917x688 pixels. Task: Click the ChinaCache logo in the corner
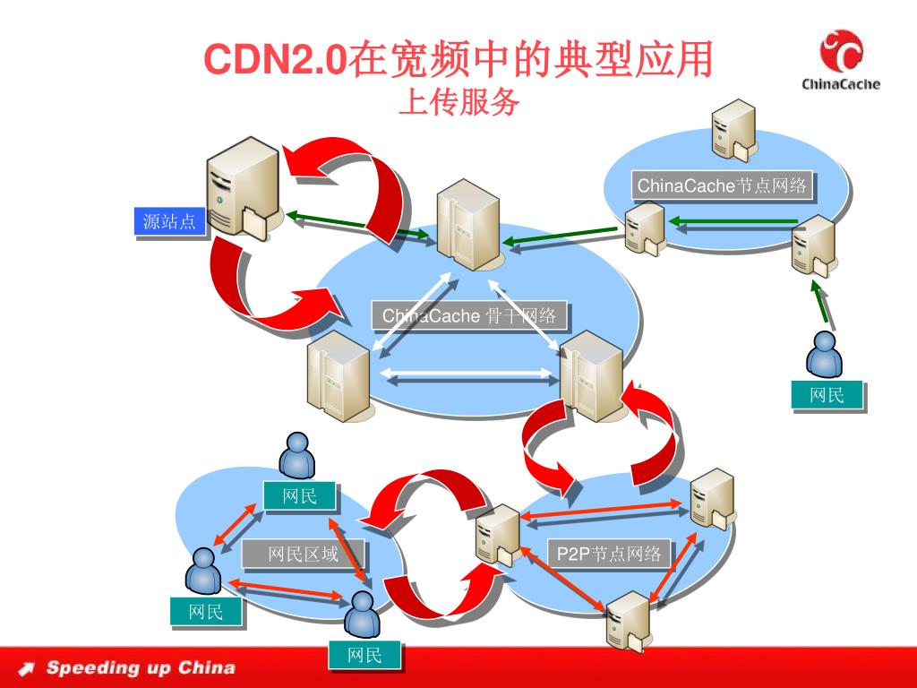pos(840,60)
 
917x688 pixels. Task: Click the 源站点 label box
pos(169,221)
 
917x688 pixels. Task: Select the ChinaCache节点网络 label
pos(722,186)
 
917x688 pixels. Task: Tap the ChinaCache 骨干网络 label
pos(469,316)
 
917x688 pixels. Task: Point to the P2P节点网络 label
pos(608,554)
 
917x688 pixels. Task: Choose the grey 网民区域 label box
pos(303,555)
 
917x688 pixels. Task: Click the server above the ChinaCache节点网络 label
pos(733,130)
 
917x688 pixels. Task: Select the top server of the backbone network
pos(467,223)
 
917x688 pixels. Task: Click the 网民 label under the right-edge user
pos(827,395)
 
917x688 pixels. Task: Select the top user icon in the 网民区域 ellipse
pos(296,456)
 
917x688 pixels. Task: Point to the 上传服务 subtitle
pos(458,103)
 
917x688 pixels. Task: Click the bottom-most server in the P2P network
pos(627,620)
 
